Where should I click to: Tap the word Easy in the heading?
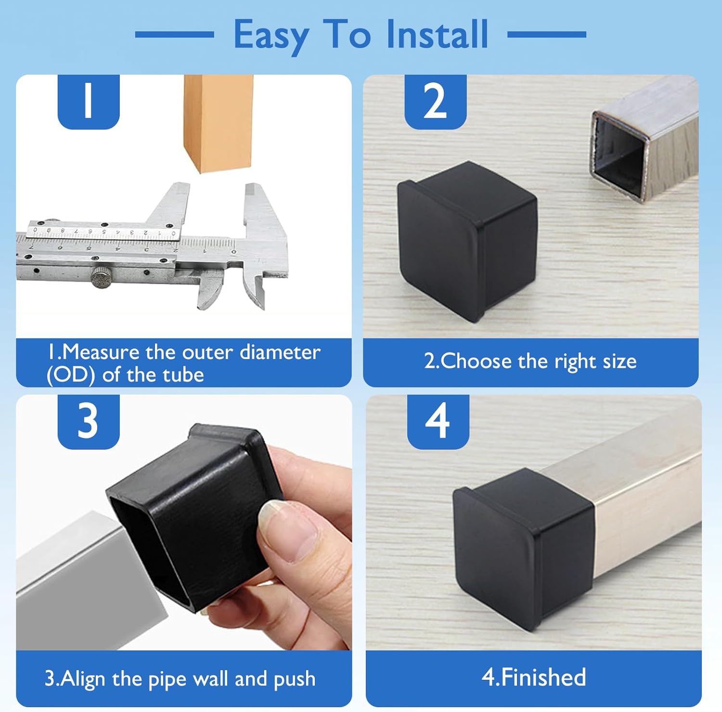271,36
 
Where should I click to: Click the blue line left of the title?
174,34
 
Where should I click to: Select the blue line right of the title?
547,34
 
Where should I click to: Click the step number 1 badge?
88,101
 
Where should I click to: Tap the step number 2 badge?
435,101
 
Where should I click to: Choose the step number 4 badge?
438,421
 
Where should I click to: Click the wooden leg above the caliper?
218,123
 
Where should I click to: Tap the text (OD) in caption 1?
70,375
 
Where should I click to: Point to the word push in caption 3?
294,679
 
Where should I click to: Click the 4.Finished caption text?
534,677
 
